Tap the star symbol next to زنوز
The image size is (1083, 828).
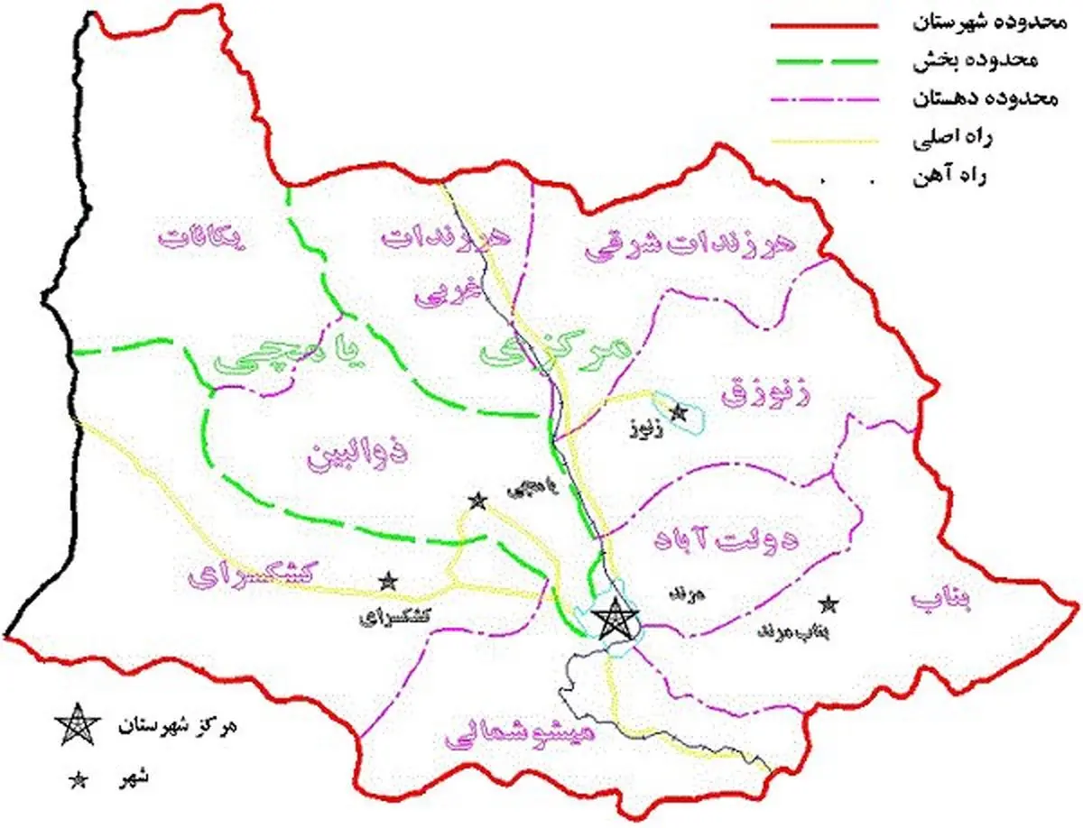pyautogui.click(x=680, y=412)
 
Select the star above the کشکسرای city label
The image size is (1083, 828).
pyautogui.click(x=388, y=581)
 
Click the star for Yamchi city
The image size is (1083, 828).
pyautogui.click(x=477, y=501)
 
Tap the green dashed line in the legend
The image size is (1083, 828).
pyautogui.click(x=823, y=62)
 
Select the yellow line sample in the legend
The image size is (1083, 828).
pyautogui.click(x=823, y=140)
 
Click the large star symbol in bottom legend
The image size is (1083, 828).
pyautogui.click(x=76, y=726)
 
